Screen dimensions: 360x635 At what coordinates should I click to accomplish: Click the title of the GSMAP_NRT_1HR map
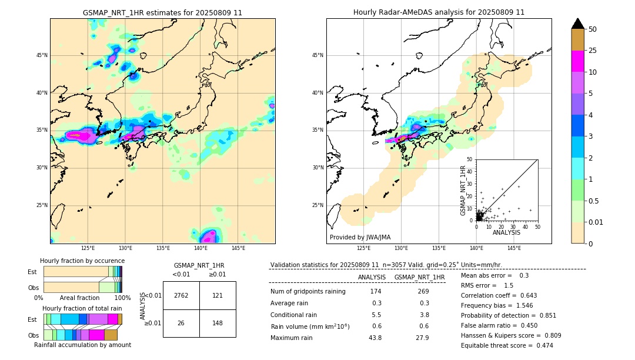162,12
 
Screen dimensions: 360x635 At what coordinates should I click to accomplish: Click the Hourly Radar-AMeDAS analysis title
439,12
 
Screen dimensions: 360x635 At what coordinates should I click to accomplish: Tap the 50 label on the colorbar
593,29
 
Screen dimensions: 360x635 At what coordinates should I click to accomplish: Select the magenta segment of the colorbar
578,61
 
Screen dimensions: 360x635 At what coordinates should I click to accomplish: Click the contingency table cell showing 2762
181,295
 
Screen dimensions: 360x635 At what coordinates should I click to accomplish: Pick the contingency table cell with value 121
218,295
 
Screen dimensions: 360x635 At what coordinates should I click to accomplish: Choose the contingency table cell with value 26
181,323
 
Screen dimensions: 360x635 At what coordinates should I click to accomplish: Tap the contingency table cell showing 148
218,323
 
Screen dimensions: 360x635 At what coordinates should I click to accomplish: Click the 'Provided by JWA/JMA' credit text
360,238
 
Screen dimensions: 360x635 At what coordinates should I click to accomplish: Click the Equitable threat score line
507,345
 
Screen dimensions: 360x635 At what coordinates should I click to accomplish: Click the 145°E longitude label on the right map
514,249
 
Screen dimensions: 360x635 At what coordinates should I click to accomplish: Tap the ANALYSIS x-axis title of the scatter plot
506,233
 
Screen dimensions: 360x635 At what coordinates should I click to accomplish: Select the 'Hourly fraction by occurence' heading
82,261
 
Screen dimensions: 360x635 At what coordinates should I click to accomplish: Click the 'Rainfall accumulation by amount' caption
82,345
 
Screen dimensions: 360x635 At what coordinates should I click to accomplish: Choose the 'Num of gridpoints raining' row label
308,292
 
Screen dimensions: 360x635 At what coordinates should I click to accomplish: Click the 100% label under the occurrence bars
122,298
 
